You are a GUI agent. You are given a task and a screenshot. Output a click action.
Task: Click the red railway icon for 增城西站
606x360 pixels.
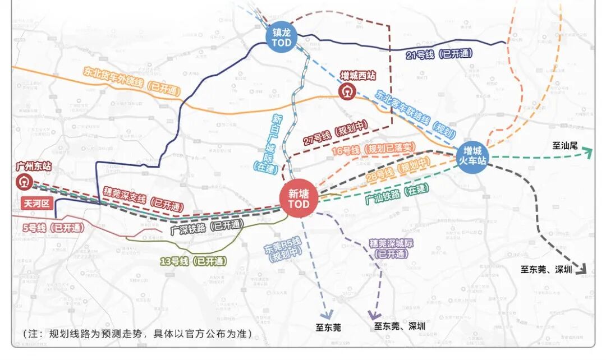[x=346, y=91]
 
